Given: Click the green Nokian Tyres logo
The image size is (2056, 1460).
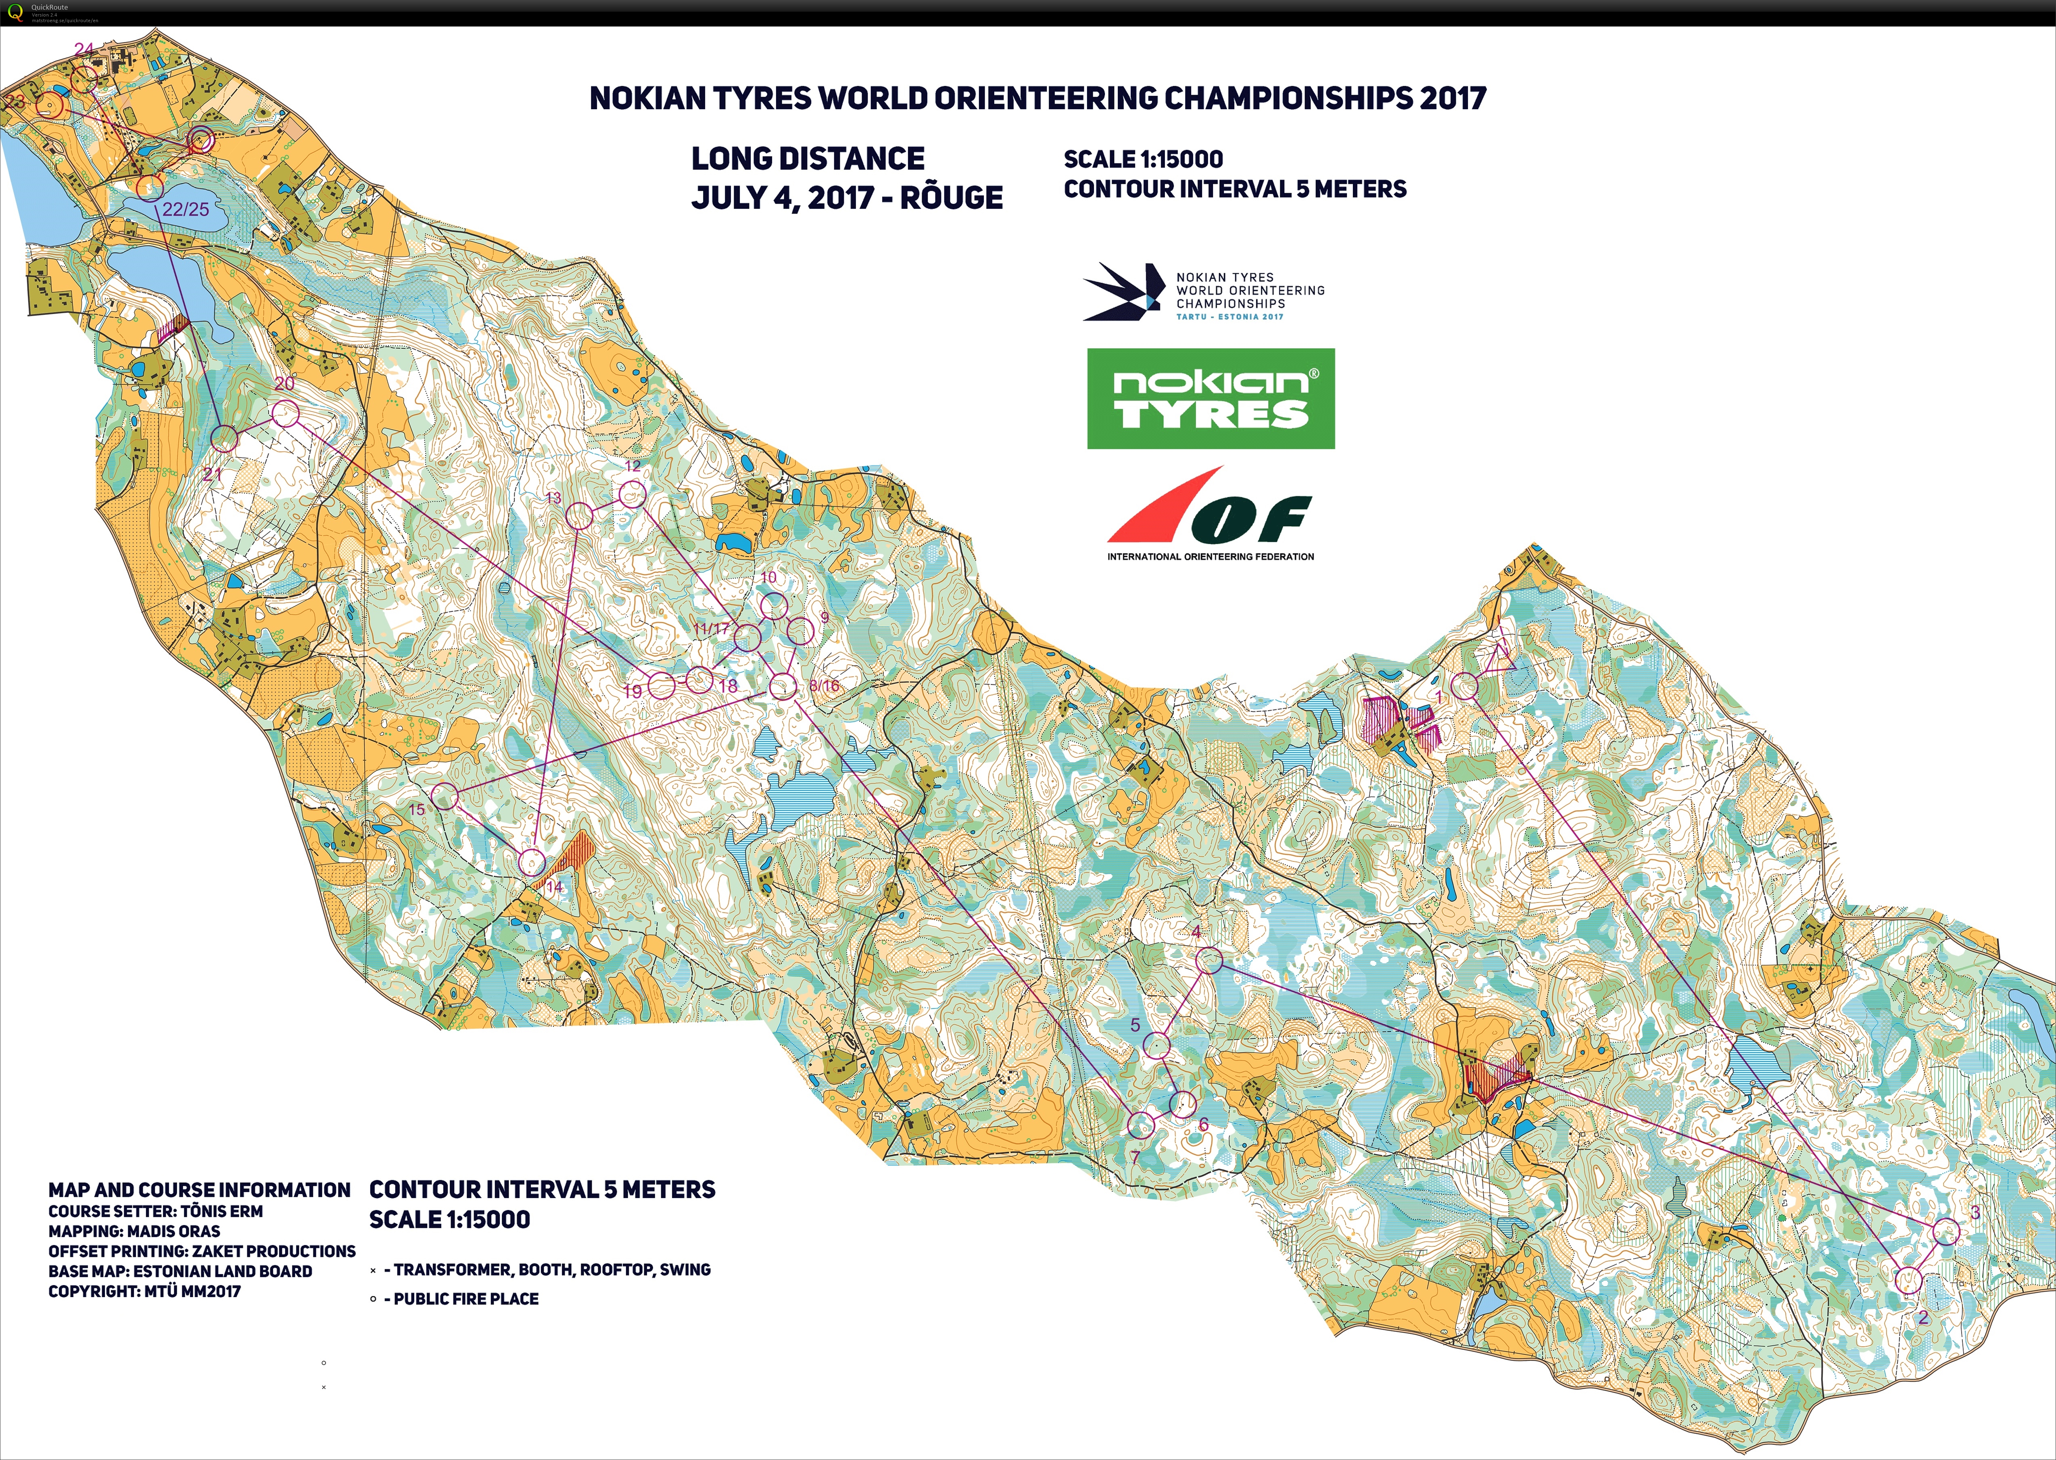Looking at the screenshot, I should (1211, 398).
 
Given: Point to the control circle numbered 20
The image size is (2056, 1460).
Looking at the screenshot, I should (285, 414).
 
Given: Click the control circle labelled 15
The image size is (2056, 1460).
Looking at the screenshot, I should (444, 796).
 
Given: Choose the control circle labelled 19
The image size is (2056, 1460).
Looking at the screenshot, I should (661, 685).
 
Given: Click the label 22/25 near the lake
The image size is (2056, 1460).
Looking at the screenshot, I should (185, 210).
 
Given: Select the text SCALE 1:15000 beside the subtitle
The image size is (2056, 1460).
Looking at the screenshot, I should (1143, 159).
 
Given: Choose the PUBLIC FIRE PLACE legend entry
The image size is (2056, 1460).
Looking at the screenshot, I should (465, 1298).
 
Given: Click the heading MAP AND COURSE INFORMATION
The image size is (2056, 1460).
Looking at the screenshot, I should (199, 1190).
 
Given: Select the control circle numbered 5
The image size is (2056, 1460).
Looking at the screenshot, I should (1156, 1045).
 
